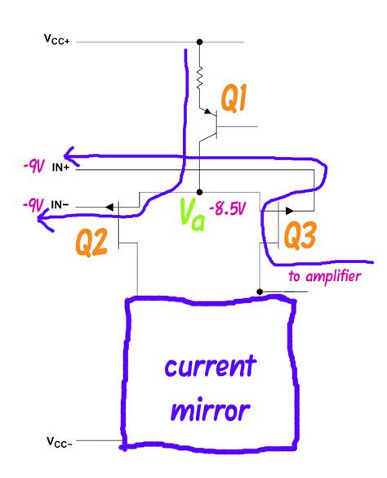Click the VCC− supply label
(59, 443)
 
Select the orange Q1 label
(238, 101)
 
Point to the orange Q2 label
(92, 242)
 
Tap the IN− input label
(60, 204)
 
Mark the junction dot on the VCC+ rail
(199, 42)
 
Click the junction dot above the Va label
(199, 193)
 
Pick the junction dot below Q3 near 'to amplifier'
(260, 290)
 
